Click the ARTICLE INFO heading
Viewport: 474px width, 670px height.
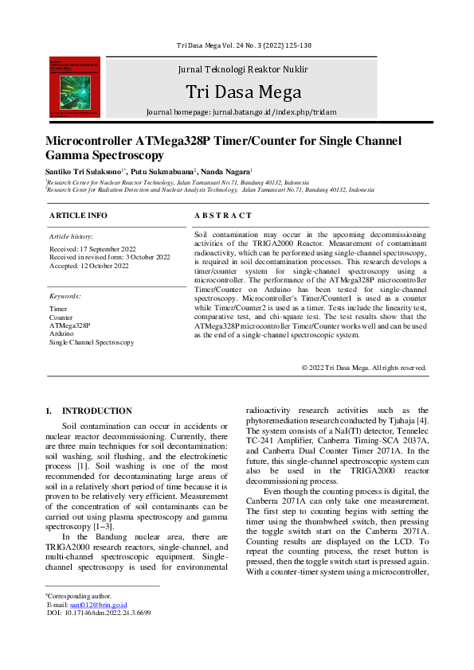pos(78,215)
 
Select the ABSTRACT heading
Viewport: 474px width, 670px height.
pos(223,215)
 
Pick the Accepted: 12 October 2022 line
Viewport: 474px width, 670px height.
pos(88,266)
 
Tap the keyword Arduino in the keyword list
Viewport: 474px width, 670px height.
pos(62,333)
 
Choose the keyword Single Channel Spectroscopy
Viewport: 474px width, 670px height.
pos(92,342)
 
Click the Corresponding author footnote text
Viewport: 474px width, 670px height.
pos(79,596)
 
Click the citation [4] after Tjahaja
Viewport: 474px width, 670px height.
pos(423,419)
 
